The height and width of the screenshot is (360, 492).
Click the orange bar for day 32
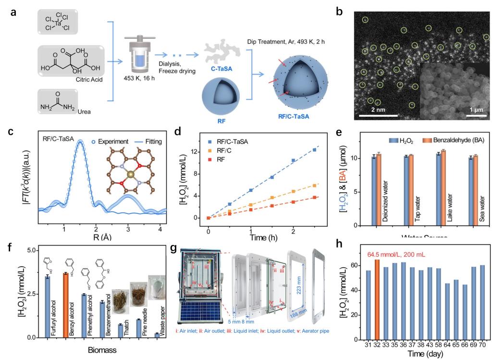(x=377, y=298)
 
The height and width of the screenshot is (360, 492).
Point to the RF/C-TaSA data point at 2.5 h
(x=314, y=150)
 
